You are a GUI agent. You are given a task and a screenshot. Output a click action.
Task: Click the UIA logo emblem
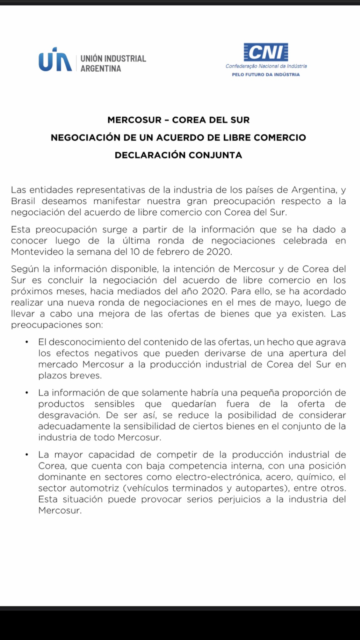pos(55,60)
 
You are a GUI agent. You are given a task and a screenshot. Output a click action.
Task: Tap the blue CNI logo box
pos(266,52)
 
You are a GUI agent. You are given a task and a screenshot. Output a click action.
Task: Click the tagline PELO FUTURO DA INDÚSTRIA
pos(266,74)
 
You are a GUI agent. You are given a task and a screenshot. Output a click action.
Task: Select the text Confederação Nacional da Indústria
pos(266,66)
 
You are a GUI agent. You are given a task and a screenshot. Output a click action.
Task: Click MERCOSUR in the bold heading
pos(134,120)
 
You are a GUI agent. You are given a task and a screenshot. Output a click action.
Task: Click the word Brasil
pos(23,201)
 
